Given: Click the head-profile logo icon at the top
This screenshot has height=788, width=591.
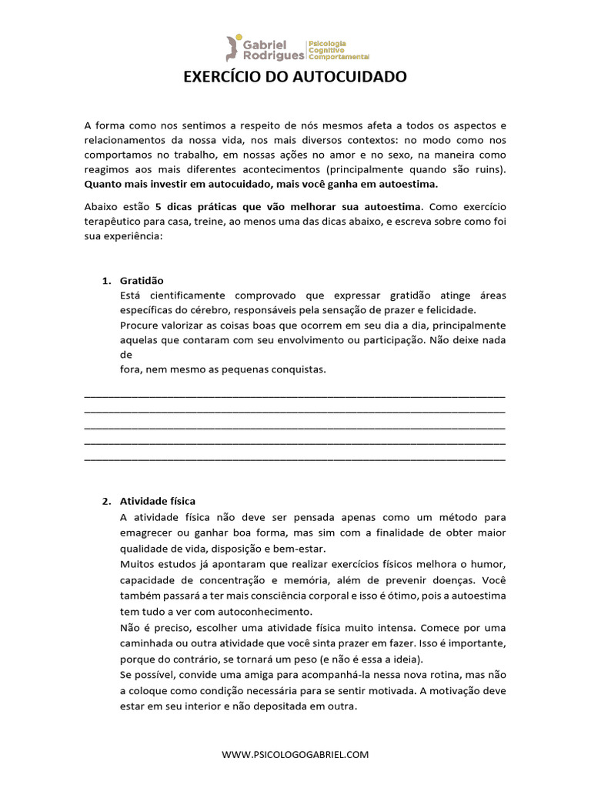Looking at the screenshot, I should tap(234, 48).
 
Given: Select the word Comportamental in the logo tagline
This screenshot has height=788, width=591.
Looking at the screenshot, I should tap(339, 57).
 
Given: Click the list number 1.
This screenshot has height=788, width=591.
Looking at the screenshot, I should tap(106, 281).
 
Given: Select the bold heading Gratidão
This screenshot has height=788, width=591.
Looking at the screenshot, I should tap(142, 281).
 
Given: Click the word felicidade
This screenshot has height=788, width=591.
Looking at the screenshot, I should tap(450, 310).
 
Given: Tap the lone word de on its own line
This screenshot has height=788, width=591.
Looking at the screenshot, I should tap(126, 355).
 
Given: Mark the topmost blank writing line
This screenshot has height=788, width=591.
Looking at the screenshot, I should tap(294, 395).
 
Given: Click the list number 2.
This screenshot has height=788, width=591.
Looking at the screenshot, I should tap(106, 501).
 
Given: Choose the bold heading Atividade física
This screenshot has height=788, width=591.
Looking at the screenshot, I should tap(158, 501).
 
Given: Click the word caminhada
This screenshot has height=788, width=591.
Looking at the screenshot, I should tap(150, 643).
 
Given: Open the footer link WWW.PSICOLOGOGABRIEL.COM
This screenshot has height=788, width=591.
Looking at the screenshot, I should tap(295, 755).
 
